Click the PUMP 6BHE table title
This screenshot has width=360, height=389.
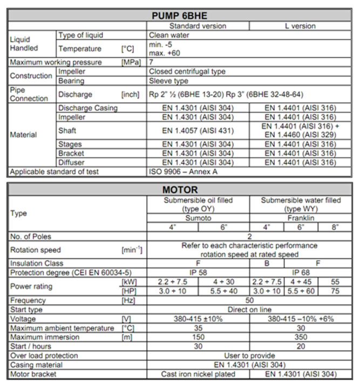pos(180,15)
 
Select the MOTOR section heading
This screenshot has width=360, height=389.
pos(180,190)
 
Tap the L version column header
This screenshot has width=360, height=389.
pos(300,25)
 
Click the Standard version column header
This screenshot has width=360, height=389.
pos(198,25)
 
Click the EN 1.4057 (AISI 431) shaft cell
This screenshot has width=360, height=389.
pos(198,130)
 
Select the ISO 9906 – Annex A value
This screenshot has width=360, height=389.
pos(184,172)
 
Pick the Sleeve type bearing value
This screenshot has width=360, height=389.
pos(168,81)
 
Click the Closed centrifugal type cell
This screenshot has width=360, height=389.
pos(187,71)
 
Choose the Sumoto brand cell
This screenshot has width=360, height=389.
pos(198,218)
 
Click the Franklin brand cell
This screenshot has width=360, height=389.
pos(300,218)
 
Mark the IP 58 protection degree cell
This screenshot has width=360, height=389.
pos(198,273)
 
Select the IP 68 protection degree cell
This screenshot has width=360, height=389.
pos(300,273)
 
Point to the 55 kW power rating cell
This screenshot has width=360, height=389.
pos(335,282)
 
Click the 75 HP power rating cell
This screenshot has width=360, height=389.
pos(335,291)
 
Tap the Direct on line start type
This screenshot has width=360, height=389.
pos(249,310)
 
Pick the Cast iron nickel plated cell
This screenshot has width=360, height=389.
pos(198,374)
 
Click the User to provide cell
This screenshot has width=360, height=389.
pos(249,356)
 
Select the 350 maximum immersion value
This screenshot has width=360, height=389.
pos(300,337)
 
